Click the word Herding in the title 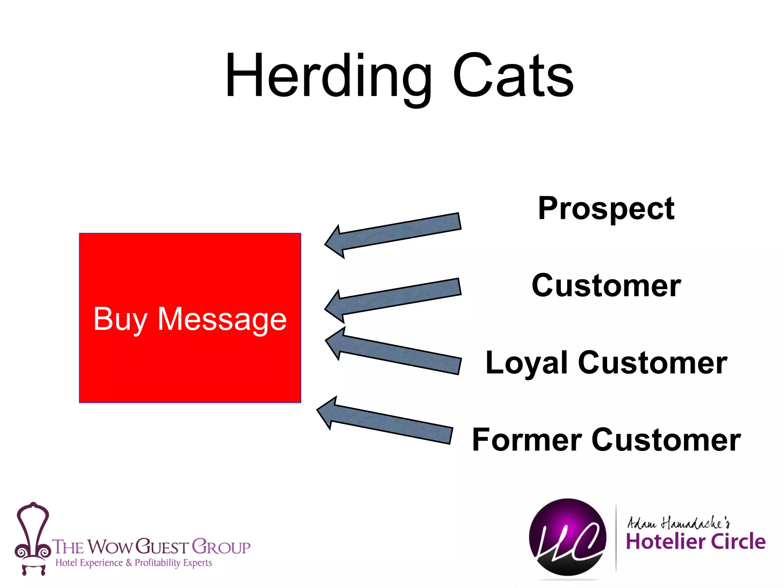tap(328, 77)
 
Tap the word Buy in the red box tap(120, 319)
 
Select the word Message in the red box tap(222, 319)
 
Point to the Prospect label tap(606, 209)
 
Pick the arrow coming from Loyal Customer tap(394, 352)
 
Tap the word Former tap(527, 440)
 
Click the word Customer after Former tap(666, 440)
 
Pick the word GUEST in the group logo tap(162, 547)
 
